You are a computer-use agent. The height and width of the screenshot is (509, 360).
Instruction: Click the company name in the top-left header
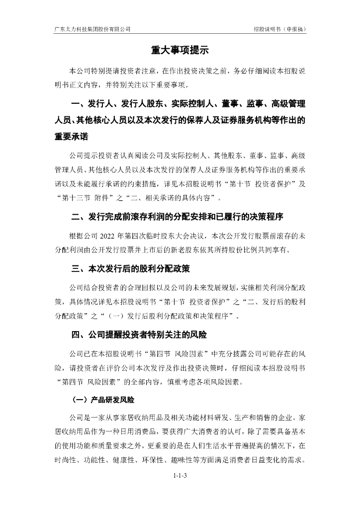coord(92,29)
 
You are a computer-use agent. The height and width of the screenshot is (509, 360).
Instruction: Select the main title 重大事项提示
coord(180,51)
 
